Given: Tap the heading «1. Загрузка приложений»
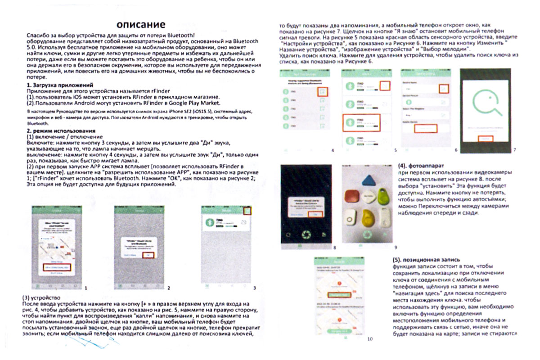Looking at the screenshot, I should coord(59,85).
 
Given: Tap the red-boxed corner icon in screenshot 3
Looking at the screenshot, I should coord(247,211).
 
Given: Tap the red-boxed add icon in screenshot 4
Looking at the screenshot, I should coord(322,92).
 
